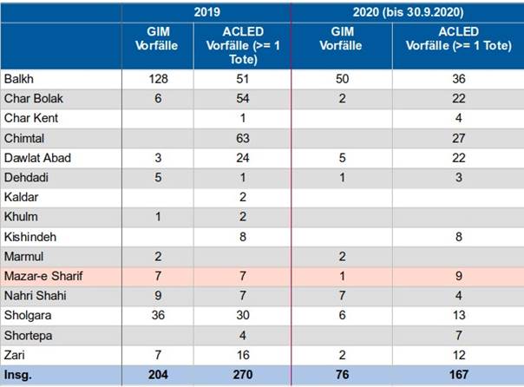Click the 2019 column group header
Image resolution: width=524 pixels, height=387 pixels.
pyautogui.click(x=206, y=12)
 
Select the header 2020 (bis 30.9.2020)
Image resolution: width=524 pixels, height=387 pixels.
pyautogui.click(x=408, y=12)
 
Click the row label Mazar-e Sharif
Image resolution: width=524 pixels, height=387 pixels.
pyautogui.click(x=43, y=276)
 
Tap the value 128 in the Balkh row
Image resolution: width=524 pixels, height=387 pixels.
pyautogui.click(x=158, y=79)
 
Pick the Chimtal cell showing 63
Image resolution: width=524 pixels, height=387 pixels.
pyautogui.click(x=243, y=138)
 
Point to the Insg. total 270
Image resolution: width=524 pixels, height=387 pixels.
pyautogui.click(x=243, y=375)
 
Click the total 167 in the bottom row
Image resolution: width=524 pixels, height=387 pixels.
pyautogui.click(x=458, y=375)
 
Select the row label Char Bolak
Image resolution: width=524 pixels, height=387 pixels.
pyautogui.click(x=34, y=99)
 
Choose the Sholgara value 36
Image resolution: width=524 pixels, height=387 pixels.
pyautogui.click(x=158, y=315)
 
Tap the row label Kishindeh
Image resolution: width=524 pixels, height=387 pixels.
pyautogui.click(x=30, y=237)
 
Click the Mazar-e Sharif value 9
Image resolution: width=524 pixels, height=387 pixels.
pyautogui.click(x=458, y=276)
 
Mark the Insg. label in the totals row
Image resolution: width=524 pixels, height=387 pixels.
pyautogui.click(x=17, y=375)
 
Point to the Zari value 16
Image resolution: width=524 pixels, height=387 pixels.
pyautogui.click(x=243, y=355)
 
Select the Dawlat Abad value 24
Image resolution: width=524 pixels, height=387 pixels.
pyautogui.click(x=243, y=158)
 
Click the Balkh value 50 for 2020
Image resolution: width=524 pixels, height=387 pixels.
pyautogui.click(x=342, y=79)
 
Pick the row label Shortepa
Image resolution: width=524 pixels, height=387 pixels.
pyautogui.click(x=28, y=336)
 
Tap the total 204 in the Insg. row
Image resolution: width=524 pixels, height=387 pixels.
pyautogui.click(x=158, y=375)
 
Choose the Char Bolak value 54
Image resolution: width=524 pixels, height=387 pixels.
pyautogui.click(x=243, y=99)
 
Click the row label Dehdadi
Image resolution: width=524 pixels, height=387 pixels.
pyautogui.click(x=26, y=178)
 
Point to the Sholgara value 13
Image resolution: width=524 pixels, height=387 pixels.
pyautogui.click(x=459, y=315)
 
